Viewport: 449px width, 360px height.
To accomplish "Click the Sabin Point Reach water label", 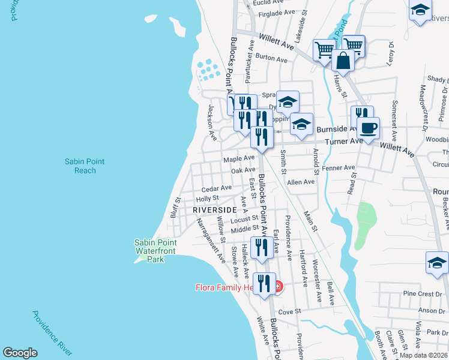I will pos(81,166).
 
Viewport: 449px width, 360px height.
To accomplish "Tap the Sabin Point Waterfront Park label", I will pos(157,251).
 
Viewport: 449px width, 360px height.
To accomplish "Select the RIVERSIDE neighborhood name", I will pos(214,209).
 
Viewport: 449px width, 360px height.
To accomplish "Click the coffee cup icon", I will pos(368,128).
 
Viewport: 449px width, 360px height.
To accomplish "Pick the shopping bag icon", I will pos(342,61).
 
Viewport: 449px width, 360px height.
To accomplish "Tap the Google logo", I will pos(20,353).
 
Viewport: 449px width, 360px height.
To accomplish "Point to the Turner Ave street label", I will pos(344,141).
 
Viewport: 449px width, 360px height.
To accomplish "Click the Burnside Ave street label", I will pos(337,129).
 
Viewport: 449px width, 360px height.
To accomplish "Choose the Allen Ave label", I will pos(301,182).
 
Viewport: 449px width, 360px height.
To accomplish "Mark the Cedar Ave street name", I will pos(216,188).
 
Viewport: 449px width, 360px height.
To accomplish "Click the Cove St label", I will pos(289,311).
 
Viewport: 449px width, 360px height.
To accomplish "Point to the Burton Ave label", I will pos(271,58).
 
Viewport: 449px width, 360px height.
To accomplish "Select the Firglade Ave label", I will pos(276,12).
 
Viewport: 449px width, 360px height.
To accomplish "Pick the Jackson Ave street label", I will pos(212,122).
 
